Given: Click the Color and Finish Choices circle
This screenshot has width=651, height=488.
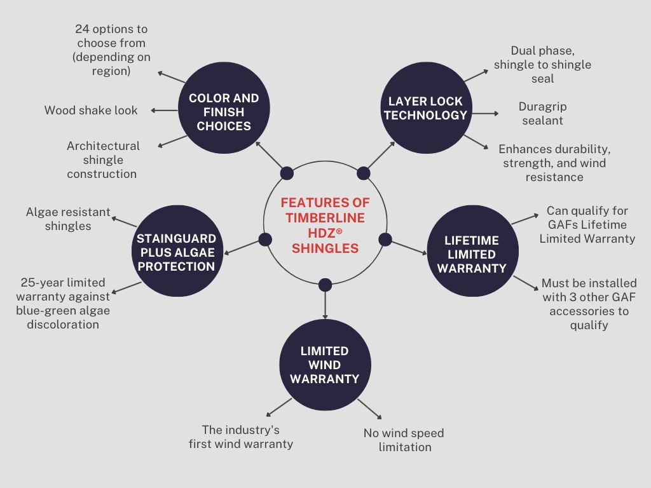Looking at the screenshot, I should [x=224, y=112].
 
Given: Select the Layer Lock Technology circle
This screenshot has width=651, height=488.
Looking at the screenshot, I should [x=425, y=108].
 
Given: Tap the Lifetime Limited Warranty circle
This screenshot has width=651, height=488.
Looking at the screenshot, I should [x=471, y=254].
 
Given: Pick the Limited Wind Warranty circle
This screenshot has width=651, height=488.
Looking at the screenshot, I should [x=325, y=365].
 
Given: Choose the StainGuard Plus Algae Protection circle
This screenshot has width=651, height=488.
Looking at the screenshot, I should [x=176, y=252].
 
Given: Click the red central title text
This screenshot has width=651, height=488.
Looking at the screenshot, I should [x=325, y=225].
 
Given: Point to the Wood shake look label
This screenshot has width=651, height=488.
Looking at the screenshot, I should [x=91, y=111].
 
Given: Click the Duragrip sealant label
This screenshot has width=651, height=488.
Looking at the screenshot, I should [x=542, y=113].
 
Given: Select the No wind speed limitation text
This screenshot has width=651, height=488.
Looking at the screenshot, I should [x=404, y=440].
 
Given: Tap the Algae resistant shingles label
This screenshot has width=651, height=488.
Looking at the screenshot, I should [x=68, y=219].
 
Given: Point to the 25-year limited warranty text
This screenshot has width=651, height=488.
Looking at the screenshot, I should [x=63, y=303].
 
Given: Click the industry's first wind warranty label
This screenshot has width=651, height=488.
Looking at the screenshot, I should [x=241, y=437].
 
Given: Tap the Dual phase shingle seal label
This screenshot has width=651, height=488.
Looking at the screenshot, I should [x=542, y=64].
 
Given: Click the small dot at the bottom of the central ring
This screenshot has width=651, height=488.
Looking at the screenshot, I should [x=325, y=284].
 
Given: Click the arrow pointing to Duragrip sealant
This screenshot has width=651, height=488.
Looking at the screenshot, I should [x=484, y=114].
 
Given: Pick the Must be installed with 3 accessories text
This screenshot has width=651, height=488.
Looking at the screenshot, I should [x=589, y=304].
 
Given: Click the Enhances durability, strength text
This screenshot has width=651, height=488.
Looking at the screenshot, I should [x=554, y=163].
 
